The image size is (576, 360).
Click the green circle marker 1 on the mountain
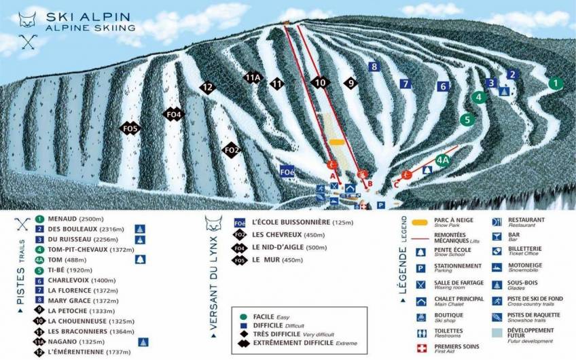pyautogui.click(x=556, y=84)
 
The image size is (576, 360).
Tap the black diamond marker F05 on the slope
pyautogui.click(x=130, y=128)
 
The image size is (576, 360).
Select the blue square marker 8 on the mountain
pyautogui.click(x=373, y=67)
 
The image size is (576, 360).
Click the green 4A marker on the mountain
pyautogui.click(x=443, y=160)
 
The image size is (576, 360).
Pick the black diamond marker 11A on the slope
pyautogui.click(x=253, y=77)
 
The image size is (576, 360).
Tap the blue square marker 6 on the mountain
pyautogui.click(x=443, y=86)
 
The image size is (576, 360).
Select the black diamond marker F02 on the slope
pyautogui.click(x=232, y=149)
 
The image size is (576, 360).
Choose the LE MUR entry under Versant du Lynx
pyautogui.click(x=268, y=259)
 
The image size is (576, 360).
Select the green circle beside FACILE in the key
pyautogui.click(x=243, y=317)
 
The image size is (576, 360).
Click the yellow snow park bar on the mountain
pyautogui.click(x=337, y=143)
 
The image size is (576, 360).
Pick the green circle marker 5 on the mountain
pyautogui.click(x=466, y=120)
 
